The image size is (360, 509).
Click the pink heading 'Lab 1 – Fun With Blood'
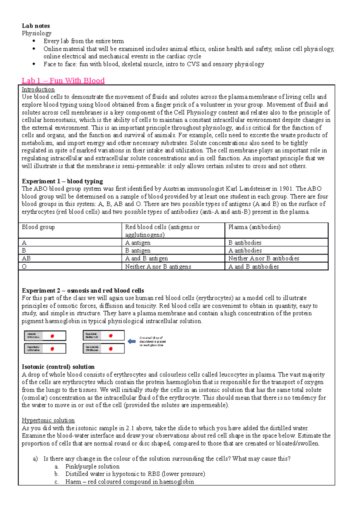click(x=63, y=81)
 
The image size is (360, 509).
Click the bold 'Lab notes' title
click(x=36, y=26)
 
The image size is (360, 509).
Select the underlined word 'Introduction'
click(x=38, y=89)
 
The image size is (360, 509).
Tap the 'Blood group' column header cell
click(x=38, y=227)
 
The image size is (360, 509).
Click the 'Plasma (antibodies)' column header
click(x=254, y=227)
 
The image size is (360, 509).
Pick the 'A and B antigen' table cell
click(x=146, y=258)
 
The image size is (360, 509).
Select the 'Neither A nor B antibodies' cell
click(x=264, y=258)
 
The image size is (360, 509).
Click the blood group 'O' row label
click(x=24, y=266)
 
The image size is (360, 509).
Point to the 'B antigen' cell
click(x=138, y=251)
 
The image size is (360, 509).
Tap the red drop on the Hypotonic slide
click(x=111, y=336)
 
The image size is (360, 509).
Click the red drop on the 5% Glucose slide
click(x=111, y=349)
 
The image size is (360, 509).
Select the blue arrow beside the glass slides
click(x=132, y=341)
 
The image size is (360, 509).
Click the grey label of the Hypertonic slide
click(x=33, y=349)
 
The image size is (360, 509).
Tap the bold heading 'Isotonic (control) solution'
click(x=58, y=367)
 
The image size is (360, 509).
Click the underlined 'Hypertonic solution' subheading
click(x=48, y=420)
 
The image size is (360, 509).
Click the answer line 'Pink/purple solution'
click(x=92, y=466)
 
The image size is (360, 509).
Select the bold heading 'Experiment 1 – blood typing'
click(x=62, y=181)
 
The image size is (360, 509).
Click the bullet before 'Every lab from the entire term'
click(x=34, y=41)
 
